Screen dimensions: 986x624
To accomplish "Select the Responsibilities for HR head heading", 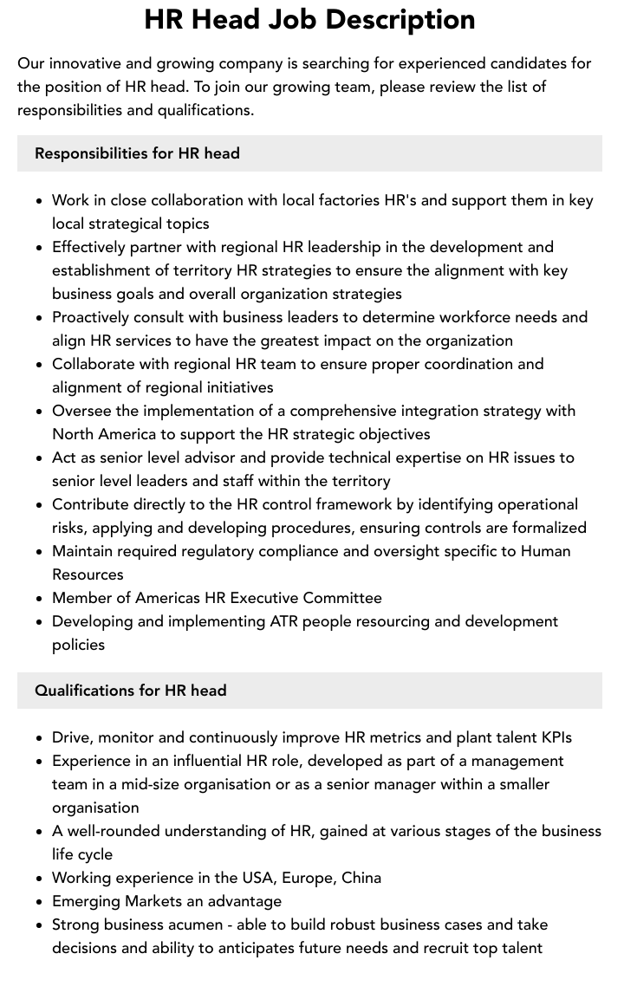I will (137, 153).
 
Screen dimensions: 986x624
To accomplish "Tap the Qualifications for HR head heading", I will (130, 691).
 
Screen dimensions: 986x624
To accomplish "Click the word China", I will (361, 878).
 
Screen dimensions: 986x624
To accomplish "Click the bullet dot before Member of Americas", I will (40, 599).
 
